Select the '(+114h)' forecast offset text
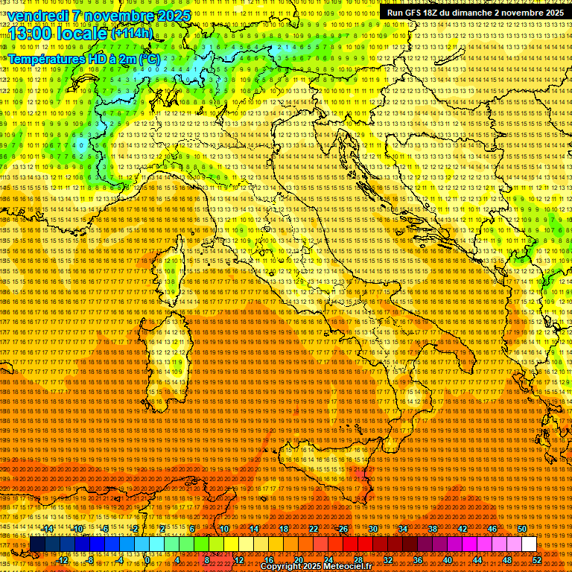(132, 33)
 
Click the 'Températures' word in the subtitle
(45, 58)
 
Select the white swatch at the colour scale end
(529, 544)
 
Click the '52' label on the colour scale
(537, 560)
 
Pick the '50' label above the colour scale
(522, 529)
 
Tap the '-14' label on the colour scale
(48, 529)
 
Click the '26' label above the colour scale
(343, 529)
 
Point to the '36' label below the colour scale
(418, 560)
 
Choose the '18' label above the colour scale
(284, 529)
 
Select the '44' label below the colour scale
(477, 560)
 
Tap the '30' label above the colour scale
(373, 529)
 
